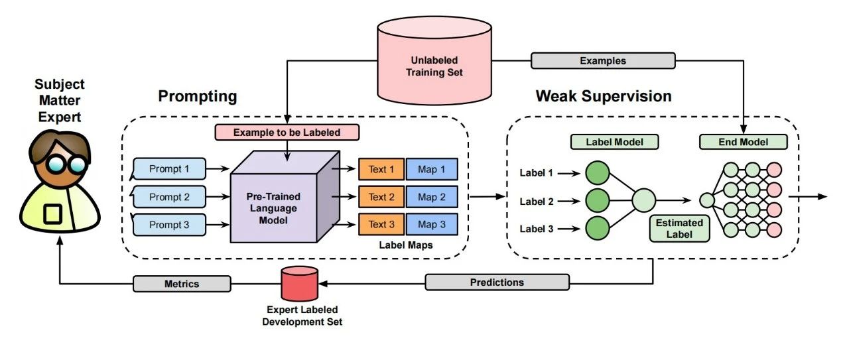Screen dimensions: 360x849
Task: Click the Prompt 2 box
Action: pyautogui.click(x=169, y=197)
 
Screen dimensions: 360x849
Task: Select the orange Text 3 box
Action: pyautogui.click(x=381, y=225)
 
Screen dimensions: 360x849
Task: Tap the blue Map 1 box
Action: pyautogui.click(x=432, y=169)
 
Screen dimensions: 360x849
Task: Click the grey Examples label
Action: pyautogui.click(x=603, y=61)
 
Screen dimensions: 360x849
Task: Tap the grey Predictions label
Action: pyautogui.click(x=497, y=282)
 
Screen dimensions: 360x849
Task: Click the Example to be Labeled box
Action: pyautogui.click(x=287, y=133)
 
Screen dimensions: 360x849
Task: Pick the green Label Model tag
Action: pyautogui.click(x=604, y=142)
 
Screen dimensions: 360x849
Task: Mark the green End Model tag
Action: pyautogui.click(x=744, y=142)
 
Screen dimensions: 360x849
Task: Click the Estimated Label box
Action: pyautogui.click(x=679, y=227)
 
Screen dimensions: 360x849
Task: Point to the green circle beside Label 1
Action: pyautogui.click(x=597, y=173)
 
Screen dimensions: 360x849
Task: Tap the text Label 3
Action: pyautogui.click(x=537, y=229)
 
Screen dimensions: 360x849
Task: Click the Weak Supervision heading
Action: pyautogui.click(x=604, y=96)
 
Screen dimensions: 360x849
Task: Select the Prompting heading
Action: pyautogui.click(x=198, y=96)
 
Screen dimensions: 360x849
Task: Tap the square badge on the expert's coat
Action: pyautogui.click(x=52, y=213)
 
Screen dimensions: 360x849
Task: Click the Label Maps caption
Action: pyautogui.click(x=405, y=245)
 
